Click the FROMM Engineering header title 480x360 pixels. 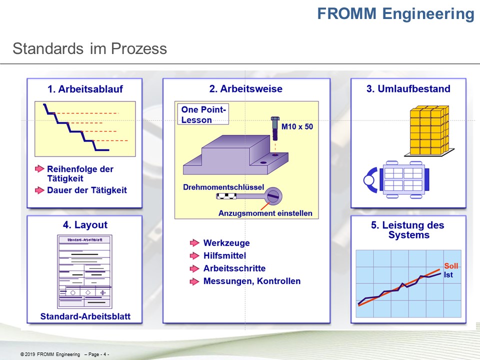[395, 13]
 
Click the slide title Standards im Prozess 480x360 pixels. [89, 49]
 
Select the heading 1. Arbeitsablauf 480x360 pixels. [85, 89]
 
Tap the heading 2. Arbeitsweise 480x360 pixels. [246, 89]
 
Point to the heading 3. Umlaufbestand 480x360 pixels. [408, 89]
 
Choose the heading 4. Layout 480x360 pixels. [85, 225]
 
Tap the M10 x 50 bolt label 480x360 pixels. [297, 126]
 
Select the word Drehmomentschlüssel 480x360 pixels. [223, 187]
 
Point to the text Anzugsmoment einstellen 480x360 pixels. [265, 213]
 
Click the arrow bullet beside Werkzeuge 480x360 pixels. [194, 243]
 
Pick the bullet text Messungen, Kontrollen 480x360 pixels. [252, 281]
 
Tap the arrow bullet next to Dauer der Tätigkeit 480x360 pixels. [39, 190]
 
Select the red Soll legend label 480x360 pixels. [451, 266]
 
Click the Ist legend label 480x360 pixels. [448, 274]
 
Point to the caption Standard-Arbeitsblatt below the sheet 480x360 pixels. [85, 316]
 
